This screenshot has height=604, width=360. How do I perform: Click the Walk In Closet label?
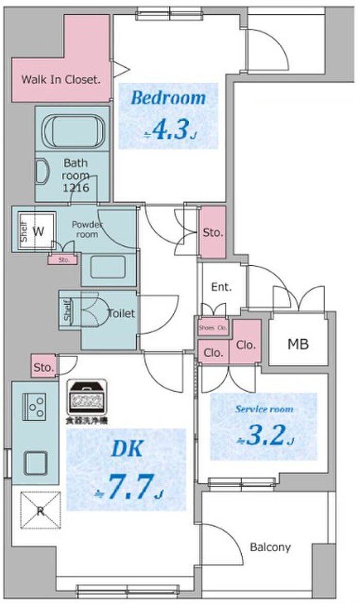[x=60, y=80]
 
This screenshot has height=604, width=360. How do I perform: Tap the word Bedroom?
[x=168, y=98]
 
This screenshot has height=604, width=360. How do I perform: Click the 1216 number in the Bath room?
[x=76, y=188]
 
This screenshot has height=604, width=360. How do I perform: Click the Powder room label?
[x=87, y=229]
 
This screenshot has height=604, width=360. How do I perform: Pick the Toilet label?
[x=121, y=313]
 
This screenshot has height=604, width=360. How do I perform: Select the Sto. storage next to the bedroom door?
[x=212, y=232]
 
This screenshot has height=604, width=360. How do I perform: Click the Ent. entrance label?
[x=221, y=287]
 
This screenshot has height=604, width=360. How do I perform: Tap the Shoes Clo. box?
[x=212, y=327]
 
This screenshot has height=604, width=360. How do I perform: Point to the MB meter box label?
[x=298, y=344]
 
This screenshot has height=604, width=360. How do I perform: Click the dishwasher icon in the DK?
[x=87, y=398]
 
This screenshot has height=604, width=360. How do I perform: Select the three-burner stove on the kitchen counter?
[x=36, y=407]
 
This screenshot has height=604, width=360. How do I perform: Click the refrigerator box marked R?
[x=40, y=510]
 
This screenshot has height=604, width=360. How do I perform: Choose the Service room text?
[x=264, y=410]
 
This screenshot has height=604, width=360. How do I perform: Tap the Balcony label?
[x=270, y=547]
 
